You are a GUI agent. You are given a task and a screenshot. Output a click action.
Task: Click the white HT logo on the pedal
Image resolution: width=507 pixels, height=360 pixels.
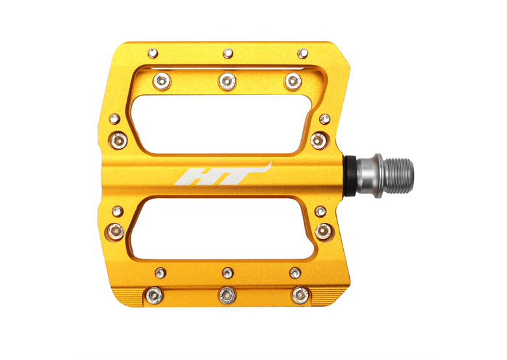coord(223,175)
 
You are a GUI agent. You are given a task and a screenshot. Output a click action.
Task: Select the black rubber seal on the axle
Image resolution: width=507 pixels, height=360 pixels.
coord(350,176)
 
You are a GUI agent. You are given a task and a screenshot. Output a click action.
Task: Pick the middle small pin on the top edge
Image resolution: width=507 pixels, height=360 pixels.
coord(228,53)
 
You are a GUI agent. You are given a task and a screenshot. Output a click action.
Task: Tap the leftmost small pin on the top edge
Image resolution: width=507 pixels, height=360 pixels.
coord(153,53)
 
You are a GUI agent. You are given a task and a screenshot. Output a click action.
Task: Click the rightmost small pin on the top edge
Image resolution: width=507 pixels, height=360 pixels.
coord(303,53)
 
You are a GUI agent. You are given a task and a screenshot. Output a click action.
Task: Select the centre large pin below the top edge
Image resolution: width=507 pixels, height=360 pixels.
coord(227,81)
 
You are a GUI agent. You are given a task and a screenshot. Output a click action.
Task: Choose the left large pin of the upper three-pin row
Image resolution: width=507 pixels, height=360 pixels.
coord(162,81)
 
